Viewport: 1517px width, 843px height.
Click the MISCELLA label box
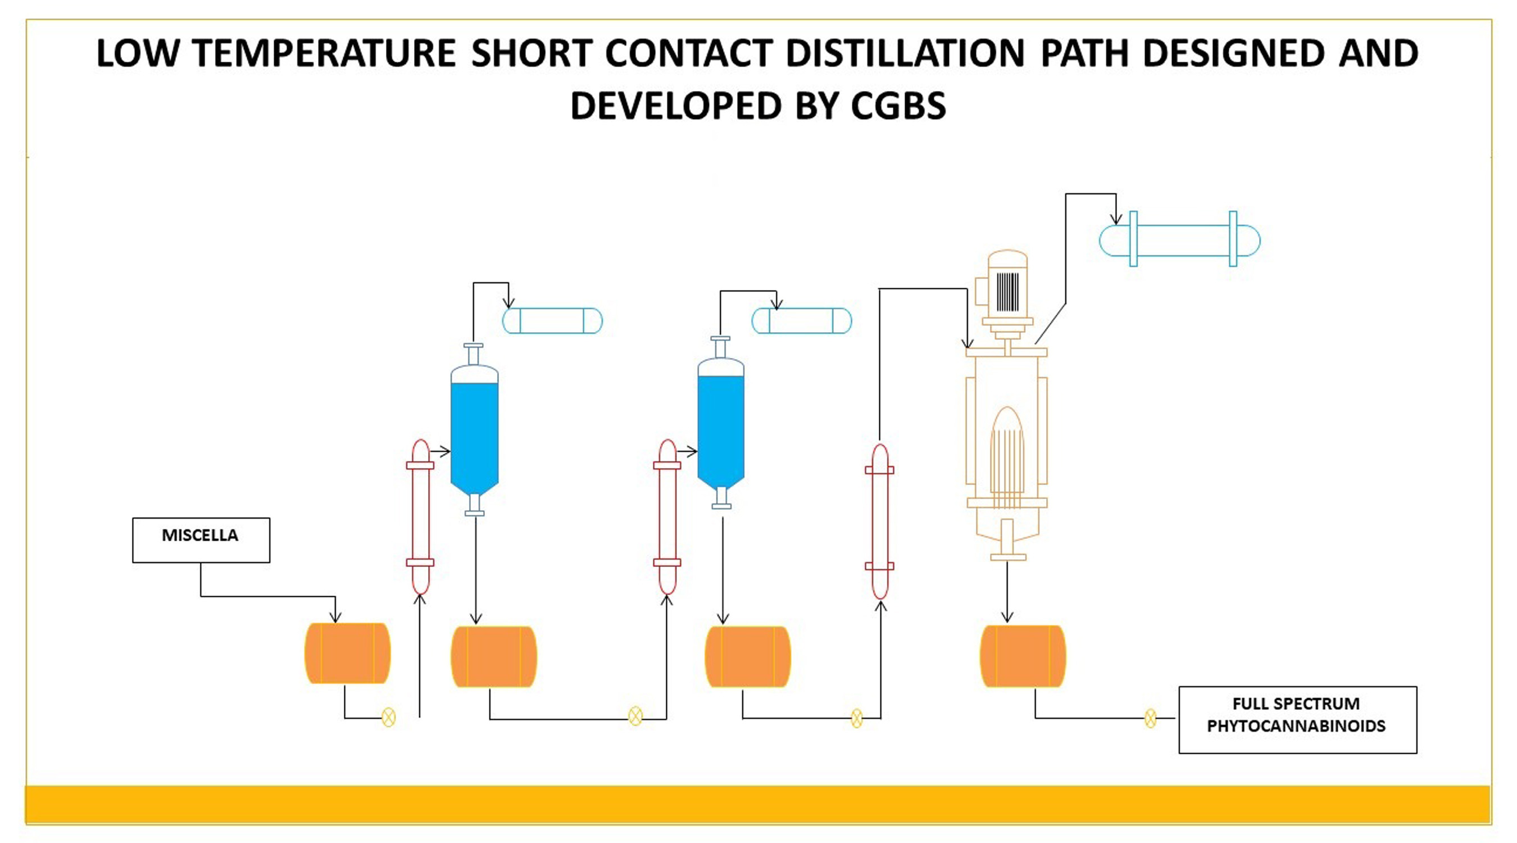pyautogui.click(x=201, y=540)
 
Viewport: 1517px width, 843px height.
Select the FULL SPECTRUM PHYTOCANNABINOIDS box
pyautogui.click(x=1297, y=720)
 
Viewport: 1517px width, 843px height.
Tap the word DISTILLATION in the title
pyautogui.click(x=906, y=53)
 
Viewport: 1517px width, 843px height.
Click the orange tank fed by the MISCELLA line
pyautogui.click(x=347, y=652)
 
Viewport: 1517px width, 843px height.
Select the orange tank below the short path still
pyautogui.click(x=1023, y=656)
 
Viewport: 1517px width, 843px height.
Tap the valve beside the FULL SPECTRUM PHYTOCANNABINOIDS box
pyautogui.click(x=1150, y=718)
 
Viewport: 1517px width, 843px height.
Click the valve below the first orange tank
pyautogui.click(x=389, y=717)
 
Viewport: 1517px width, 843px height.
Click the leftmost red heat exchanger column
pyautogui.click(x=420, y=517)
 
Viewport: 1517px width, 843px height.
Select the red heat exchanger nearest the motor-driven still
pyautogui.click(x=880, y=522)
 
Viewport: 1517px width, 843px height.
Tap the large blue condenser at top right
pyautogui.click(x=1180, y=241)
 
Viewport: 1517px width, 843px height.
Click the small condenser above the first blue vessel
pyautogui.click(x=552, y=321)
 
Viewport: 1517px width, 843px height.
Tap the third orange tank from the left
pyautogui.click(x=748, y=656)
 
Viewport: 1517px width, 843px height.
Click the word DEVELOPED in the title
pyautogui.click(x=675, y=106)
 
